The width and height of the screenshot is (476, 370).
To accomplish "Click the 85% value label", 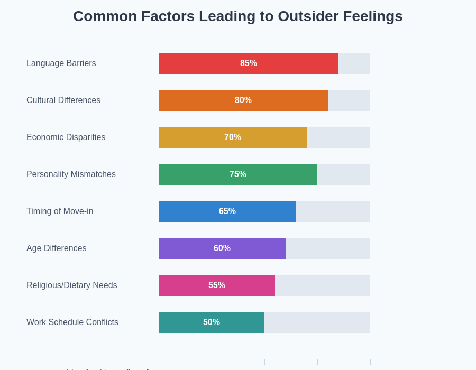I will coord(249,63).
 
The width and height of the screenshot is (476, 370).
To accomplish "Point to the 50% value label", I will coord(212,322).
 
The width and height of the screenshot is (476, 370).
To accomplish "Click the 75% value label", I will coord(238,174).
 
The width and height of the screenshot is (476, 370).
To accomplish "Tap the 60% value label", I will coord(222,248).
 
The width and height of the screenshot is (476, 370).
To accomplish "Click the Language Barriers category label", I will coord(61,63).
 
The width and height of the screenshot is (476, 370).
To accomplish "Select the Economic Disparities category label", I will coord(66,137).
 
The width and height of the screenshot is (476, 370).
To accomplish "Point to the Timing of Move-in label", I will coord(60,211).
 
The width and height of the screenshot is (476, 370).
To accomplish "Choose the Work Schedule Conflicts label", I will coord(72,322).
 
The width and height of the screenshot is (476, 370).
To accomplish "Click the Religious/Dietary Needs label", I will coord(72,285).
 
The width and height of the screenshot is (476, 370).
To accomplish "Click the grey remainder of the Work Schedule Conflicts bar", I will coord(317,322).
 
